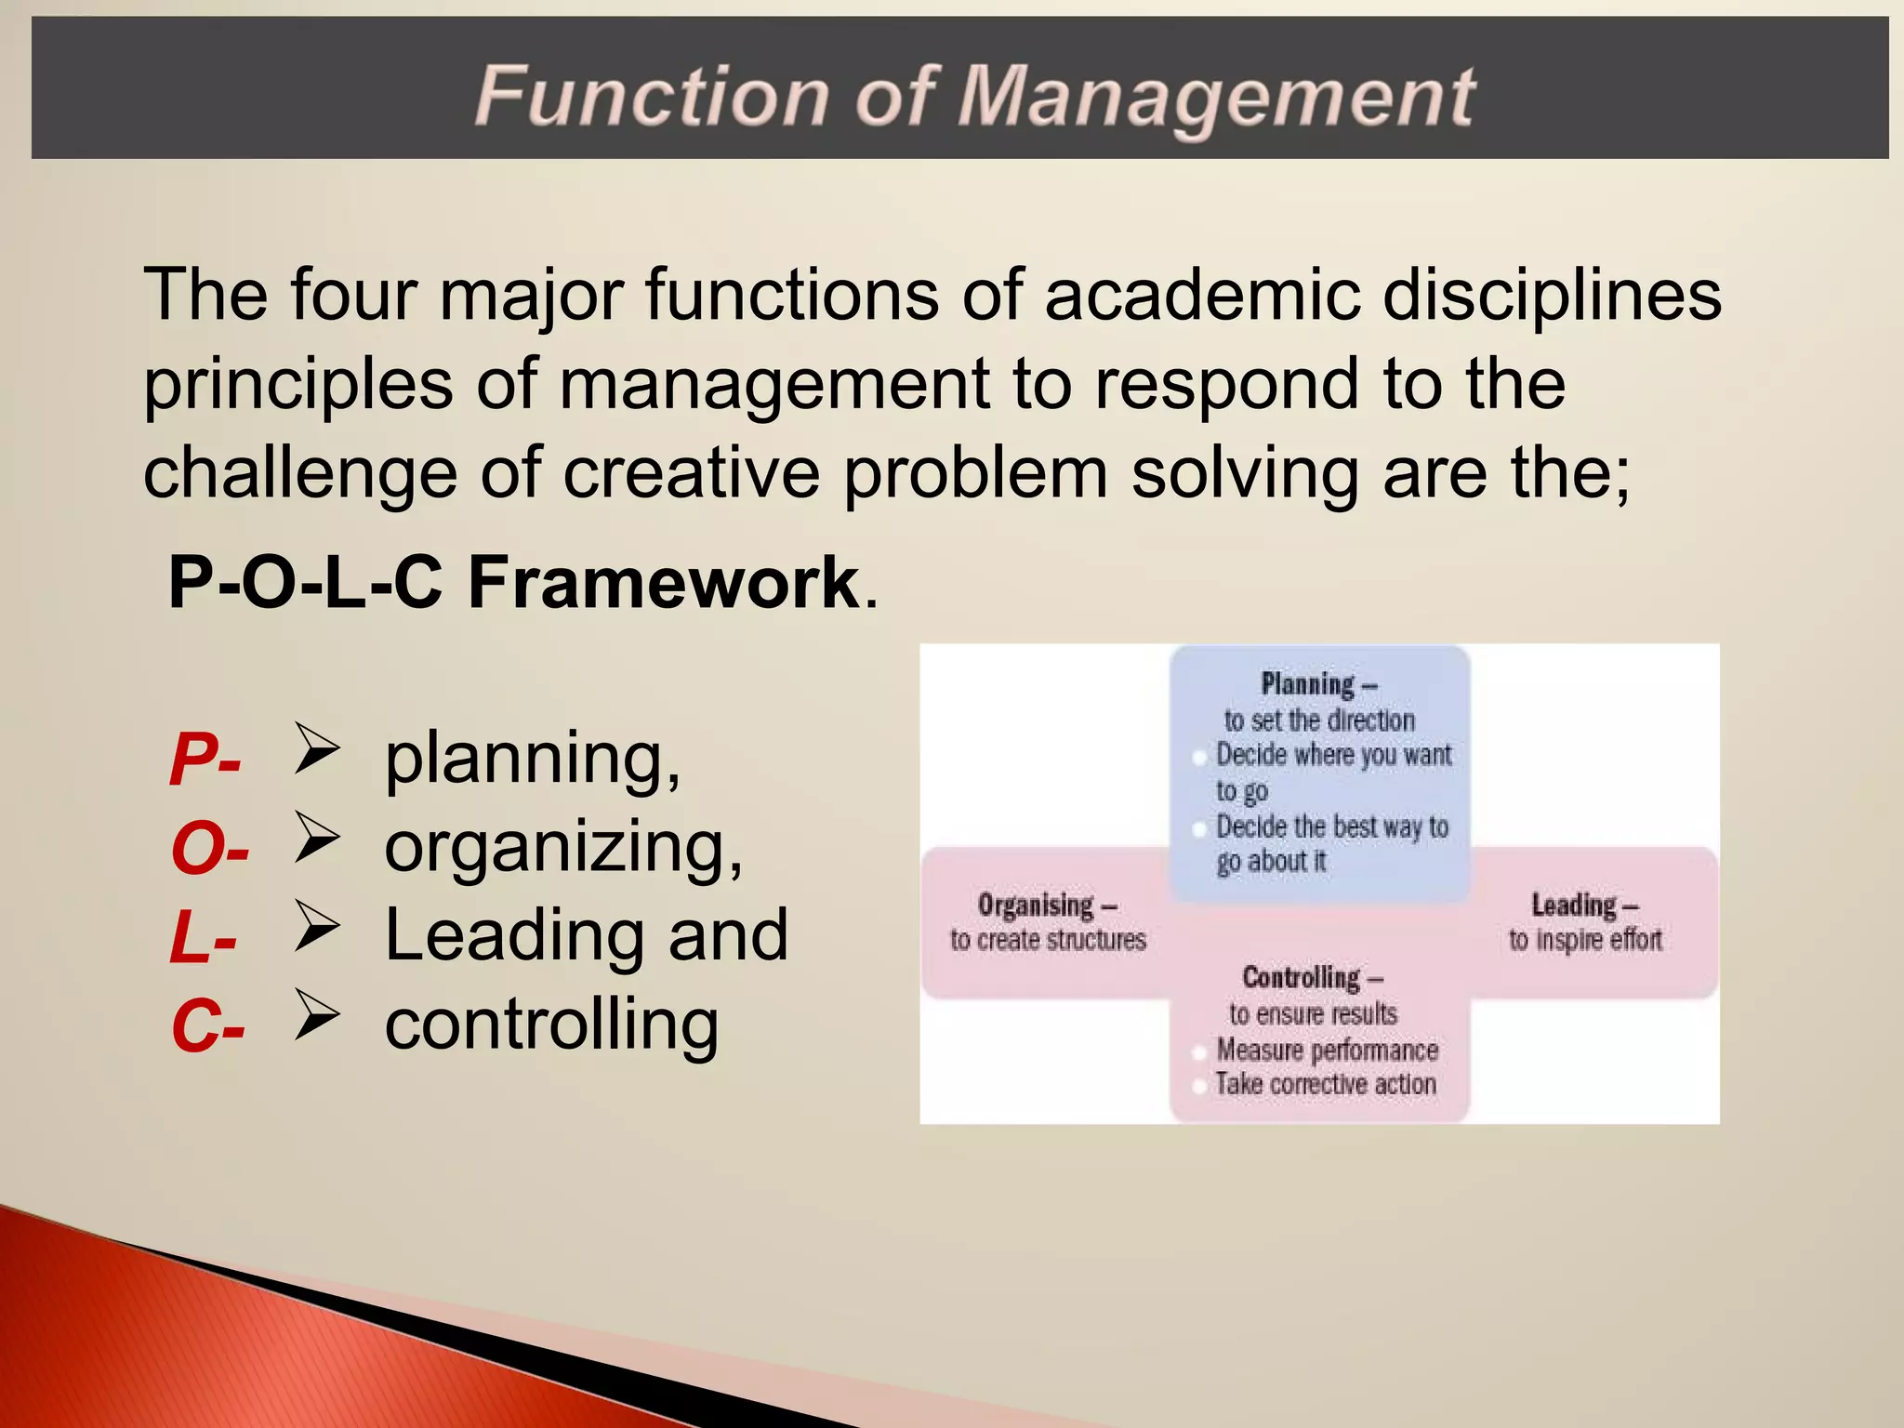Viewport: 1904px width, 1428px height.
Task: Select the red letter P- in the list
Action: [205, 760]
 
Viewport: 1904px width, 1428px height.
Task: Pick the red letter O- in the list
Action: [210, 849]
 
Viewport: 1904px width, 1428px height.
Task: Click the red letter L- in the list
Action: [203, 938]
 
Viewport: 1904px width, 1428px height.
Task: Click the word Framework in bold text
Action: [664, 583]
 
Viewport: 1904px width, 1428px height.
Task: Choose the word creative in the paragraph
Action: [692, 473]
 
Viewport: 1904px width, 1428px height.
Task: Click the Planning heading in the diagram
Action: [1308, 684]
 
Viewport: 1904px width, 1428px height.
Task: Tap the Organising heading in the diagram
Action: [1037, 905]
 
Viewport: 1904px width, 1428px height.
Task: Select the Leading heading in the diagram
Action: [1574, 905]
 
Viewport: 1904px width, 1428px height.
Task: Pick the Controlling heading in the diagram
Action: [1302, 977]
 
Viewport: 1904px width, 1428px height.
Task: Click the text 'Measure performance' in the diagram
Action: [1328, 1050]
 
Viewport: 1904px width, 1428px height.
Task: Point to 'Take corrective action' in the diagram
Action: [1326, 1084]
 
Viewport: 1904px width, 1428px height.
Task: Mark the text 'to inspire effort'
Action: [1585, 940]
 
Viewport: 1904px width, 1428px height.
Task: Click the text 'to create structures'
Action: [1048, 940]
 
